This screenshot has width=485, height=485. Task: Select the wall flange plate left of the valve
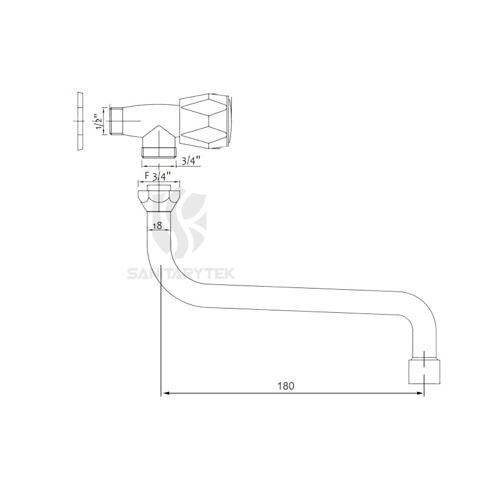[79, 121]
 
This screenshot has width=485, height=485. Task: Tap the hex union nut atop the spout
[159, 198]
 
